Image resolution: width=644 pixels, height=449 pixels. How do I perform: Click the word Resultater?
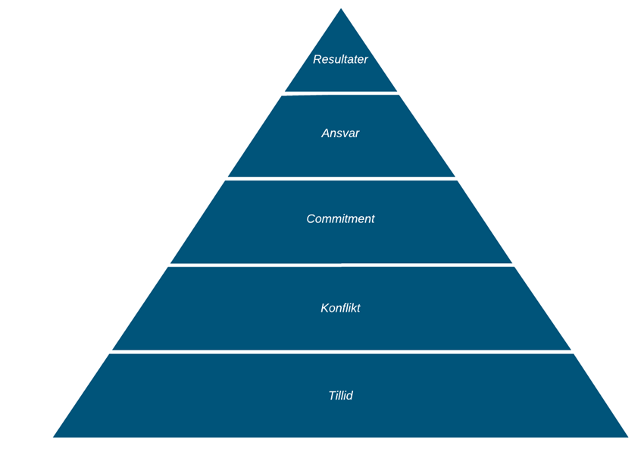pyautogui.click(x=340, y=59)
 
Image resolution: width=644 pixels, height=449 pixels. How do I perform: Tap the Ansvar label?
pyautogui.click(x=340, y=133)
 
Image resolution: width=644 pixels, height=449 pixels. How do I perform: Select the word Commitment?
pyautogui.click(x=340, y=218)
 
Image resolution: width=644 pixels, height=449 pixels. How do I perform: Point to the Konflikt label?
pyautogui.click(x=340, y=308)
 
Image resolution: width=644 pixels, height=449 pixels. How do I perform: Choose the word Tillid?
pyautogui.click(x=340, y=396)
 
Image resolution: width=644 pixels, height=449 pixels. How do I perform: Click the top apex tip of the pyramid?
pyautogui.click(x=341, y=8)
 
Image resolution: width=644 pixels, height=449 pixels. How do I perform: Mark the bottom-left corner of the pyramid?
pyautogui.click(x=53, y=437)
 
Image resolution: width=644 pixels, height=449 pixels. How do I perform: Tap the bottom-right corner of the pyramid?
pyautogui.click(x=627, y=437)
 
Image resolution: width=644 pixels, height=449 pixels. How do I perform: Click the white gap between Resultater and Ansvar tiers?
pyautogui.click(x=340, y=93)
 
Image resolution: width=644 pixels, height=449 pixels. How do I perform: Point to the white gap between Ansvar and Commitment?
pyautogui.click(x=341, y=178)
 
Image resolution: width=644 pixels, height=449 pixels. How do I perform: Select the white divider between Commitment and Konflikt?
pyautogui.click(x=341, y=265)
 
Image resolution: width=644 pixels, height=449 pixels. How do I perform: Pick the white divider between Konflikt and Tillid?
pyautogui.click(x=341, y=352)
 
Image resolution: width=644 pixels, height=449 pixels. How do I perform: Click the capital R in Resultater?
pyautogui.click(x=317, y=59)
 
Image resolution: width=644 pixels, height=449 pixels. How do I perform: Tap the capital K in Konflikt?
pyautogui.click(x=325, y=308)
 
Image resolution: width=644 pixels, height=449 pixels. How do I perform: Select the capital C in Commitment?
pyautogui.click(x=311, y=218)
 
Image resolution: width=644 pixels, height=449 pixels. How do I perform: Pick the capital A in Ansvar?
pyautogui.click(x=326, y=133)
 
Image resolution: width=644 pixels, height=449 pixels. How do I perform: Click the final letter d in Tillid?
pyautogui.click(x=349, y=396)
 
